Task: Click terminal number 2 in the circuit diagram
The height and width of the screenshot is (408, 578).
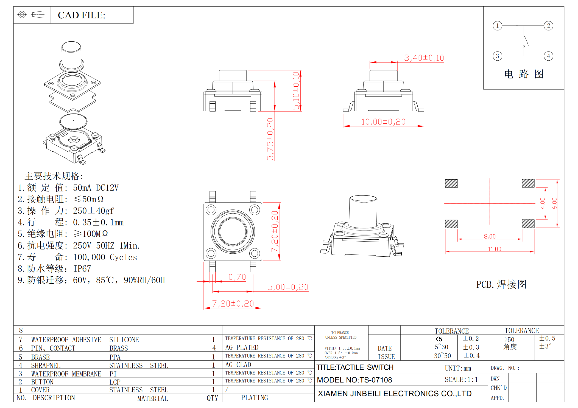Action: [548, 26]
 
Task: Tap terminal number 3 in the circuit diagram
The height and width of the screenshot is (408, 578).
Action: [497, 56]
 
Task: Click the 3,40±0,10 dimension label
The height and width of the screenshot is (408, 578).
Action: [424, 58]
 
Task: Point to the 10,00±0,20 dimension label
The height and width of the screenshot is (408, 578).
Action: [383, 122]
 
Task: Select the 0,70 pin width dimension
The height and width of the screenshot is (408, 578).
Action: [237, 277]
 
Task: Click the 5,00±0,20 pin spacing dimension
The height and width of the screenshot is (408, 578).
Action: [288, 287]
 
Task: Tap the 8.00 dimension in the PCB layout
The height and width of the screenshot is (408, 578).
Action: [490, 236]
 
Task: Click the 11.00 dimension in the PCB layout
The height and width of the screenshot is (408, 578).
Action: [495, 249]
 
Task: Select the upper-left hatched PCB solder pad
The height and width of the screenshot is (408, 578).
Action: [451, 183]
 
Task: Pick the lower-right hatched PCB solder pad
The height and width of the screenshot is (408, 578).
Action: [528, 224]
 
